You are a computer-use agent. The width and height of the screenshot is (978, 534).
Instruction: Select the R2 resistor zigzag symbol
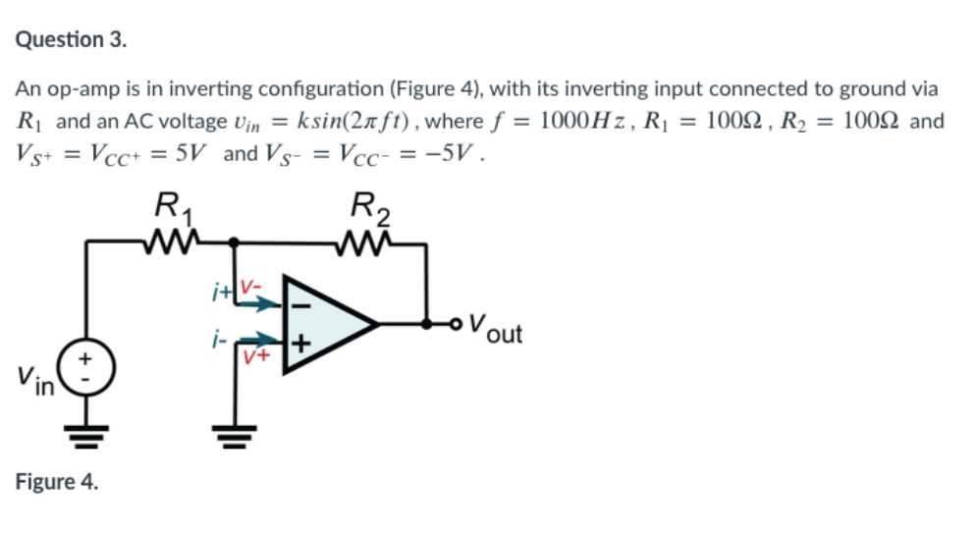pos(367,240)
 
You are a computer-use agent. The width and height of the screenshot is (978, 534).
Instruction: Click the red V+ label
pos(258,358)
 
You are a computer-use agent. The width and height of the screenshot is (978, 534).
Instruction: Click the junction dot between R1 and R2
pos(234,240)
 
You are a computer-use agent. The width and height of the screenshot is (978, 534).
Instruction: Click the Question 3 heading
pos(72,40)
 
